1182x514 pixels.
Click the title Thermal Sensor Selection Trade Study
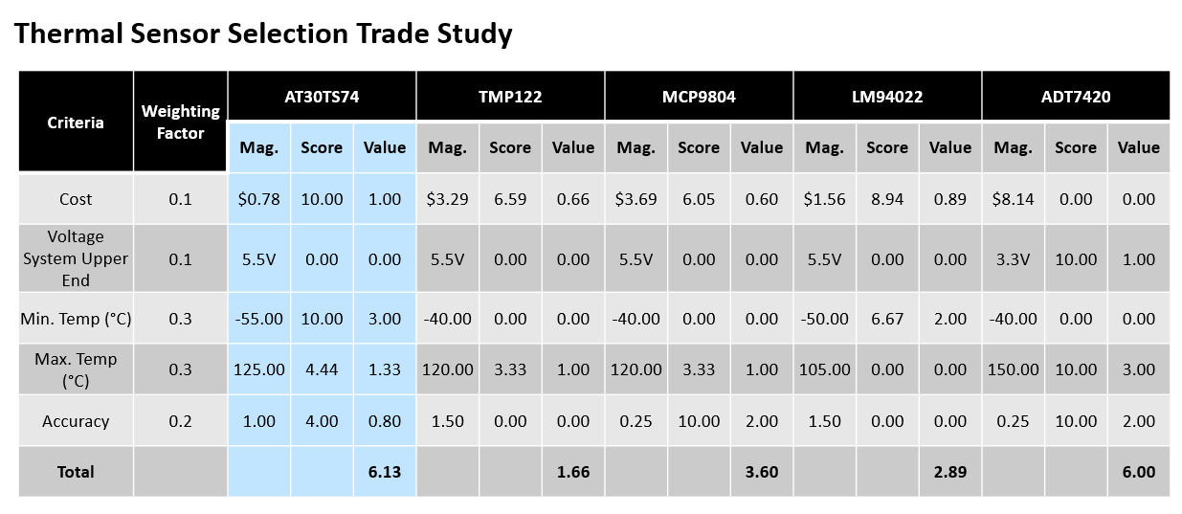click(x=264, y=34)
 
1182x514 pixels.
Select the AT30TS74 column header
click(x=322, y=96)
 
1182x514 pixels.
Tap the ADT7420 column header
click(x=1075, y=96)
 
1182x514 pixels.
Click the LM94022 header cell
click(x=886, y=96)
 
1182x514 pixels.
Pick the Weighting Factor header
click(x=180, y=122)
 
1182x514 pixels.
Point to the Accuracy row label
click(x=76, y=421)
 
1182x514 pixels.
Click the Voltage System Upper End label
click(x=76, y=258)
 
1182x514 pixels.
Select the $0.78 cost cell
click(x=259, y=199)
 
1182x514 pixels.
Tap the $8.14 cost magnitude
click(x=1013, y=199)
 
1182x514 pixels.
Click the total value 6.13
click(x=384, y=472)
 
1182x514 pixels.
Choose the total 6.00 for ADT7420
click(x=1138, y=472)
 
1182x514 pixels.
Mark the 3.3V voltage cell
click(x=1013, y=258)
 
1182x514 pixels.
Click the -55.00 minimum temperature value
click(x=259, y=319)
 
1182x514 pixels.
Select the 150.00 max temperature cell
click(x=1013, y=369)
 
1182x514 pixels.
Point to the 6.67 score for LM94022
click(x=886, y=319)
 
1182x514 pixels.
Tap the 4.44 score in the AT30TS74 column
click(x=322, y=369)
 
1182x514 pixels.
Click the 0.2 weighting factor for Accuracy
click(x=180, y=421)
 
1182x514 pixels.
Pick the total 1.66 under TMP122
click(x=572, y=472)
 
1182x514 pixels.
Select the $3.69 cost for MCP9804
click(x=636, y=199)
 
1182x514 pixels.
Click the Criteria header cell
click(x=76, y=122)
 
